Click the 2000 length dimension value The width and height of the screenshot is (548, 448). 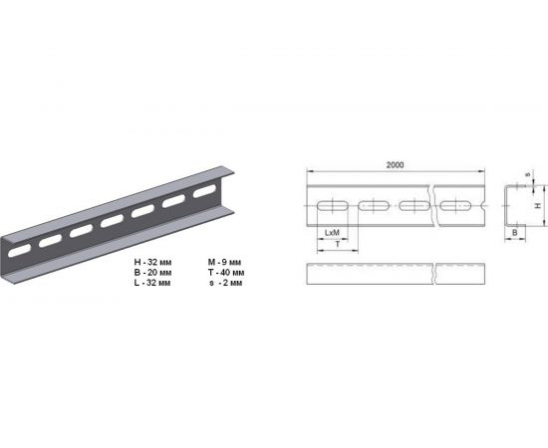(x=395, y=165)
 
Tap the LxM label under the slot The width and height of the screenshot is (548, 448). (x=332, y=233)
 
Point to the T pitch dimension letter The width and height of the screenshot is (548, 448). (x=338, y=245)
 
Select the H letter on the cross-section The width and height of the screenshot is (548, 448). (x=539, y=206)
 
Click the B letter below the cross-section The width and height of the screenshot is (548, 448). (x=514, y=233)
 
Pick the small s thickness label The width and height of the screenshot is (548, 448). (x=528, y=174)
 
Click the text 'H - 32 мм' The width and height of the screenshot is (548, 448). (x=152, y=262)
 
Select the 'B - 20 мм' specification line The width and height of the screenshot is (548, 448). (x=152, y=273)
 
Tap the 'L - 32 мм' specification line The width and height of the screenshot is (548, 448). (x=152, y=283)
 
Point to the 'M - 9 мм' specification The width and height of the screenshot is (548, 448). (x=224, y=262)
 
